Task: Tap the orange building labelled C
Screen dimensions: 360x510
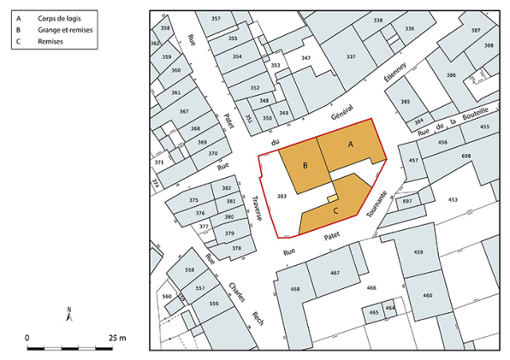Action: click(335, 210)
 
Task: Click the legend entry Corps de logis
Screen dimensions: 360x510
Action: click(58, 17)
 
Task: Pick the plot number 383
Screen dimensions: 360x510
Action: click(281, 196)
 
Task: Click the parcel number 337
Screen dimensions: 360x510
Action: click(350, 57)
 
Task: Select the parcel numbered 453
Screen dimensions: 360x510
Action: click(452, 199)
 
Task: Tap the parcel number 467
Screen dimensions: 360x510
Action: click(335, 273)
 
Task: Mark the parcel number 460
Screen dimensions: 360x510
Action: click(426, 296)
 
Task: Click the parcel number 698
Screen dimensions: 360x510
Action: click(466, 156)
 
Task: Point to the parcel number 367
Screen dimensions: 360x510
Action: click(183, 112)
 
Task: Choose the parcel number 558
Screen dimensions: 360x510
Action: click(189, 269)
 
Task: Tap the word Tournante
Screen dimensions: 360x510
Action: click(377, 204)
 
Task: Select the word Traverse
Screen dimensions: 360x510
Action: click(256, 208)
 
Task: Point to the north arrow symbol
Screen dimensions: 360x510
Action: click(70, 314)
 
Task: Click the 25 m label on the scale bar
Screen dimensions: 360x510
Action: click(116, 338)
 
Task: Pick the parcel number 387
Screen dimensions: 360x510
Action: click(476, 30)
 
